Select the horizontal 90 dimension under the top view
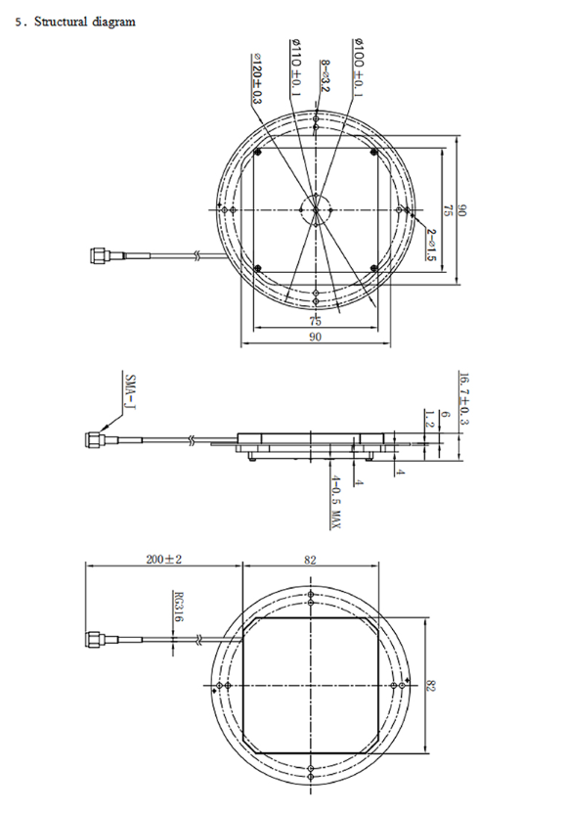click(315, 336)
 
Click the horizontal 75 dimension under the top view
click(315, 320)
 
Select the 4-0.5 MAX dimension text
click(334, 498)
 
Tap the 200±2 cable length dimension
click(162, 560)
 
